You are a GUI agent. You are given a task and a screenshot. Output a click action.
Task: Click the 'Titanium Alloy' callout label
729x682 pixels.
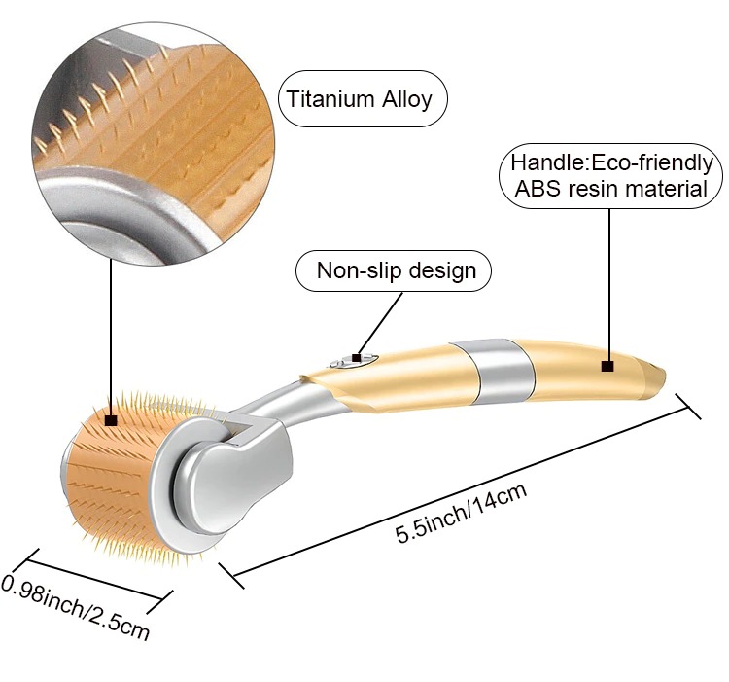pos(356,98)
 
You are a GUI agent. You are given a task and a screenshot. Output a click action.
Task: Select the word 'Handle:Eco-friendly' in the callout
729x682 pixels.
pos(611,162)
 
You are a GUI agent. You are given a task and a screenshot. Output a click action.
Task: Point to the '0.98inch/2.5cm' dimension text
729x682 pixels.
pos(76,607)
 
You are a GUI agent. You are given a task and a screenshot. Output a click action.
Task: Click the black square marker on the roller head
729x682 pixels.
pos(111,421)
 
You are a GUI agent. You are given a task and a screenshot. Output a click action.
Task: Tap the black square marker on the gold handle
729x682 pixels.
pos(608,366)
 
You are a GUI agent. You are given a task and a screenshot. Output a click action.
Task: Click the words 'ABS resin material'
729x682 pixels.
pos(611,189)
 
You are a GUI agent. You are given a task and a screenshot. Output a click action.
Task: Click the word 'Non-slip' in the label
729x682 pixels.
pos(354,270)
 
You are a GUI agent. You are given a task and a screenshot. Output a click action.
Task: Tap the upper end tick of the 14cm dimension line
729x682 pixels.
pos(688,408)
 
